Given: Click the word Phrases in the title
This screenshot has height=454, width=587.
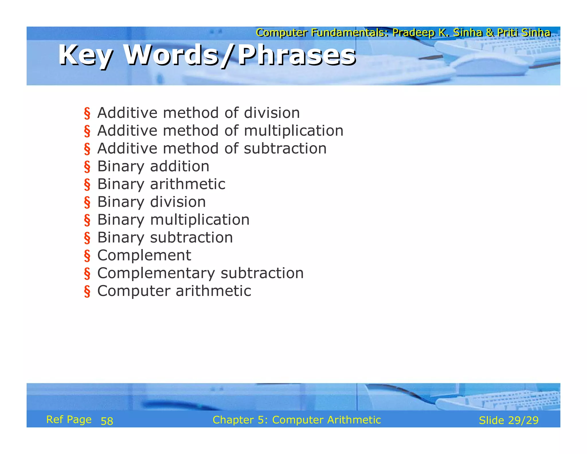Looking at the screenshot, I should [x=297, y=55].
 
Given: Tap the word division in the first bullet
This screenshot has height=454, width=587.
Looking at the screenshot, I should [x=272, y=113].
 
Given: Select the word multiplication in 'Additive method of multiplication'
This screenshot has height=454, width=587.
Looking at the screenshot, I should [x=293, y=131].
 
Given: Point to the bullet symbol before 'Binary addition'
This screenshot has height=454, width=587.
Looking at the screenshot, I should [x=87, y=167].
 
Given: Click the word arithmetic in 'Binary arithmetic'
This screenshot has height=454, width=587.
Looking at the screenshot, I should [x=188, y=184].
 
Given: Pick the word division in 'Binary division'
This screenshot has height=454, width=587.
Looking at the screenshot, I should [x=178, y=202].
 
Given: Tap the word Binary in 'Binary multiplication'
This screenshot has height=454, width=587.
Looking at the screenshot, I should [x=121, y=220].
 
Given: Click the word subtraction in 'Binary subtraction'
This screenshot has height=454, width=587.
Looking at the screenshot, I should [x=191, y=238].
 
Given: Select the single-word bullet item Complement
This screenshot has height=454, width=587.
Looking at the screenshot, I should [x=144, y=255].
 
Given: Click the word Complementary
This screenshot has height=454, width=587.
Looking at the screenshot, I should [x=156, y=273].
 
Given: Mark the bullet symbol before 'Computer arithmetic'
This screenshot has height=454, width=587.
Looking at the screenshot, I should [x=87, y=292].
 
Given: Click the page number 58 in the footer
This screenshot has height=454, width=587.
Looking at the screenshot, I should [x=107, y=421].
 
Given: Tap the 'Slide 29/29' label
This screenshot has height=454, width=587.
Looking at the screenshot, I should [x=508, y=420].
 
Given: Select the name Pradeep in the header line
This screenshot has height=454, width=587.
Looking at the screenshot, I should [x=413, y=33].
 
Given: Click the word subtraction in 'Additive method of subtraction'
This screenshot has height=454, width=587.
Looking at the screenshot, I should [x=285, y=149].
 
